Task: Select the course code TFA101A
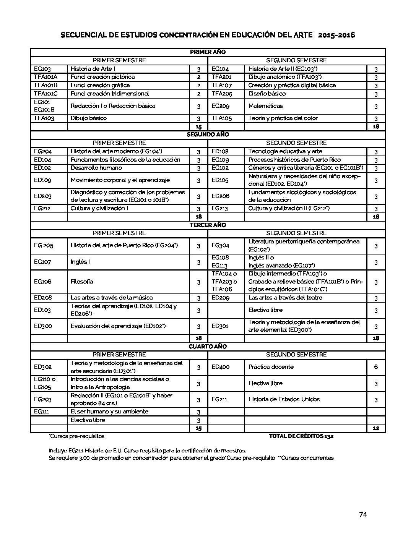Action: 45,77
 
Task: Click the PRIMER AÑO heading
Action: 208,52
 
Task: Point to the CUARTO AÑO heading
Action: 208,346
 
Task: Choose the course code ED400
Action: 221,367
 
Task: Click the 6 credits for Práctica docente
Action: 376,367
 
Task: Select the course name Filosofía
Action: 82,282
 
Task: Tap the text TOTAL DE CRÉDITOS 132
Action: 301,436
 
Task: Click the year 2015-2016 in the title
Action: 336,35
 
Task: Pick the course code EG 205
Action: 44,245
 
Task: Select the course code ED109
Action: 42,180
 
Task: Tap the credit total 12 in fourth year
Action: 376,428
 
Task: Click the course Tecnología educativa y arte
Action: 285,151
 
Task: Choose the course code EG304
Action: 221,245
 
